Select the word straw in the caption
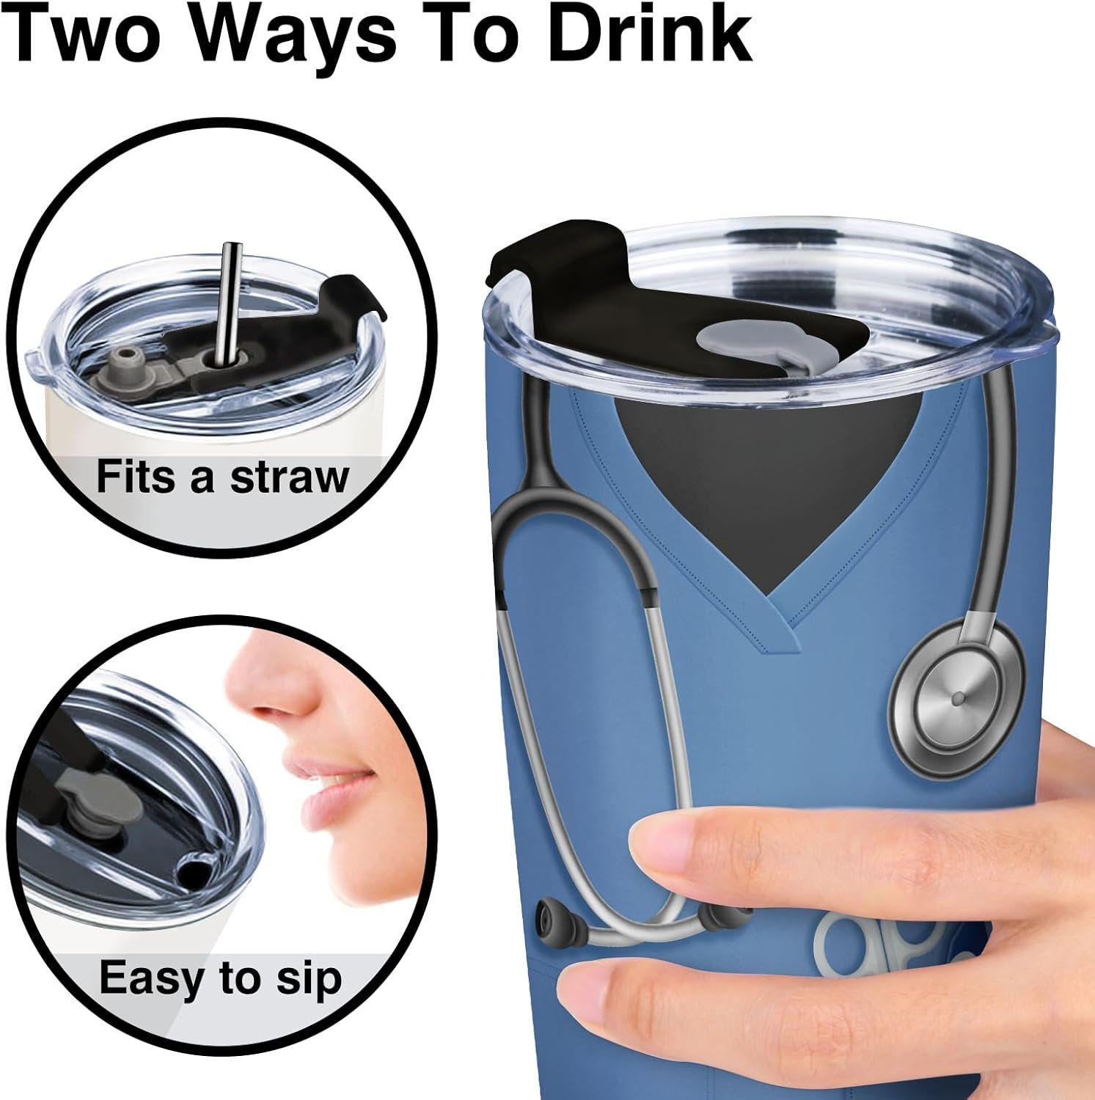pyautogui.click(x=290, y=477)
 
